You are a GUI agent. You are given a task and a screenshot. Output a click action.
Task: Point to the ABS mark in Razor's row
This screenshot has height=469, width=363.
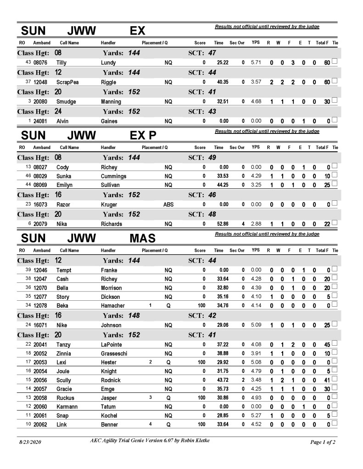(x=168, y=205)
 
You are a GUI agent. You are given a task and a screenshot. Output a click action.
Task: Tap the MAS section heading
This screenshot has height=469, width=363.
(x=143, y=238)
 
